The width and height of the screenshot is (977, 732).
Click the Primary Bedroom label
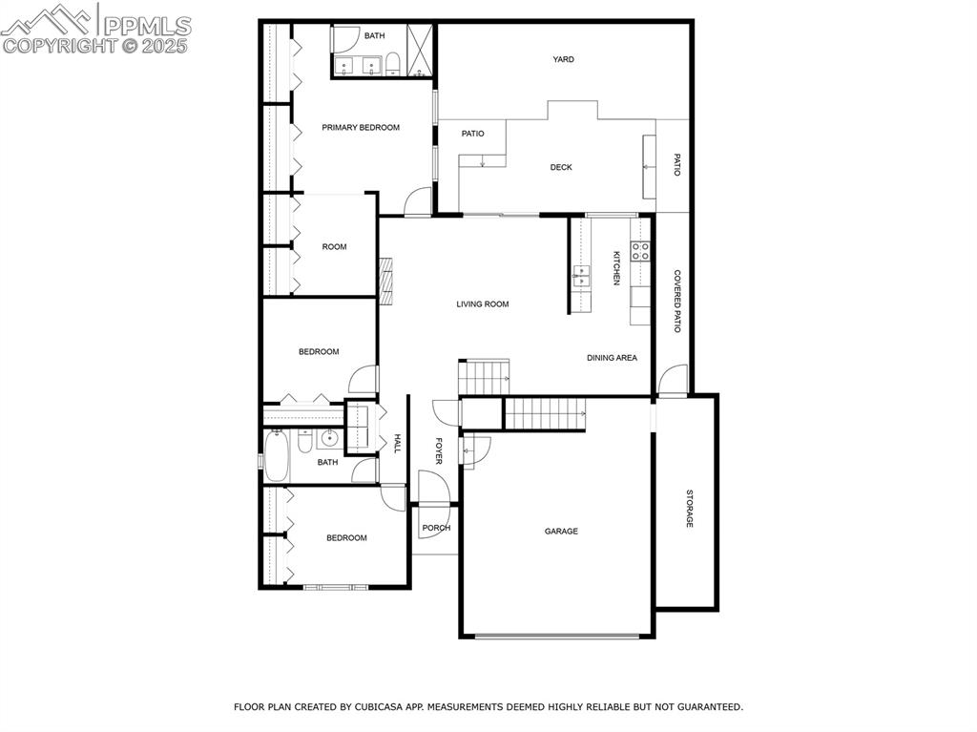click(x=361, y=128)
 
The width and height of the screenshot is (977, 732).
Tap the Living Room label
click(x=482, y=304)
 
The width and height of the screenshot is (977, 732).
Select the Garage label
click(x=561, y=532)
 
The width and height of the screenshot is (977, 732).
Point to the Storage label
click(x=689, y=509)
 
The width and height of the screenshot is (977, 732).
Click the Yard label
click(x=564, y=60)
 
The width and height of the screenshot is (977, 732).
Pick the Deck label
click(x=561, y=168)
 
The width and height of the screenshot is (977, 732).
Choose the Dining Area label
click(x=612, y=358)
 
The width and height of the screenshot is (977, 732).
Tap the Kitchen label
click(x=616, y=268)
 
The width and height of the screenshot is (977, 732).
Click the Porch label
click(x=436, y=528)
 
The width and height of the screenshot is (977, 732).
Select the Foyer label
click(x=439, y=450)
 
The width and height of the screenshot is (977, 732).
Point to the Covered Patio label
click(x=677, y=301)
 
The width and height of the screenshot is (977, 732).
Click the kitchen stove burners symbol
click(x=640, y=251)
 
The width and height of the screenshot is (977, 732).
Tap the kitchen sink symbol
click(x=581, y=278)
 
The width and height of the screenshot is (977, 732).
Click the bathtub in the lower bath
click(x=278, y=456)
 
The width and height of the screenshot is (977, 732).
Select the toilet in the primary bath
click(x=391, y=65)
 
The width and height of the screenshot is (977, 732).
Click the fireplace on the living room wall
click(x=385, y=280)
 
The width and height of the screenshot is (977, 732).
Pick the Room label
click(x=334, y=247)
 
